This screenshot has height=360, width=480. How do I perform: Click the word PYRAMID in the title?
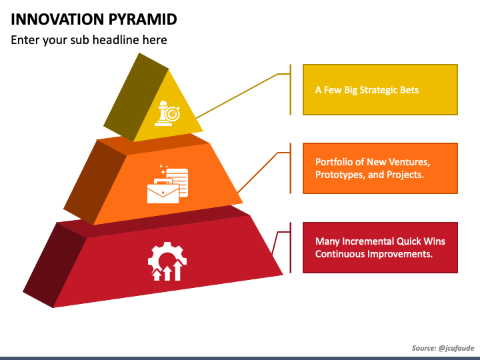coord(143,19)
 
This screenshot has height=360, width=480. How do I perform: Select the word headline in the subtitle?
coord(115,40)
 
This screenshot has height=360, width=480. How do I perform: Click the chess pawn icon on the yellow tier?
coord(163,113)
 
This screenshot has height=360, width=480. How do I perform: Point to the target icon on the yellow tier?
coord(173,114)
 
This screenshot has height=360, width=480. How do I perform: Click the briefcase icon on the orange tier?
coord(163,191)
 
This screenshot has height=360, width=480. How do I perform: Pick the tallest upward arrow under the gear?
coord(178,270)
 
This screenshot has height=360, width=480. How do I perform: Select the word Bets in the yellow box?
coord(411,90)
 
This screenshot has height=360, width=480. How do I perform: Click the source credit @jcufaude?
coord(456,348)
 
